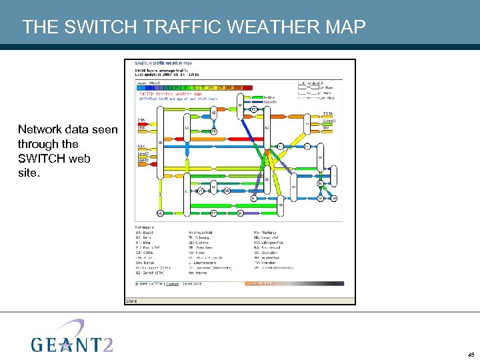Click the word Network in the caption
pyautogui.click(x=41, y=129)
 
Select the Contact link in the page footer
pyautogui.click(x=172, y=283)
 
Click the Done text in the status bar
pyautogui.click(x=131, y=301)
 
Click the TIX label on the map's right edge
pyautogui.click(x=326, y=127)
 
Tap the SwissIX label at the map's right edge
pyautogui.click(x=329, y=121)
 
